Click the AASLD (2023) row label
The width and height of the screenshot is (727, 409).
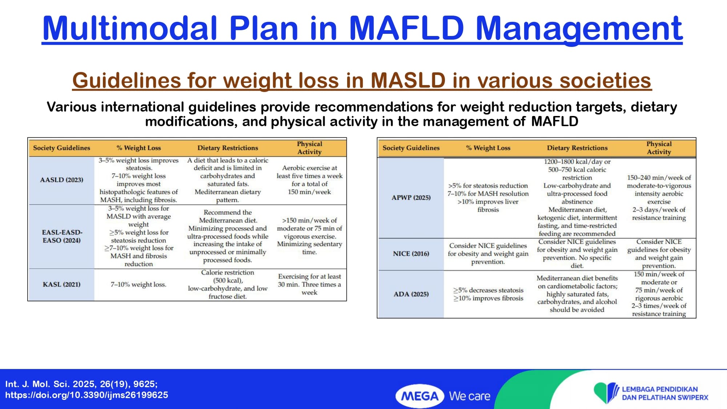pos(61,180)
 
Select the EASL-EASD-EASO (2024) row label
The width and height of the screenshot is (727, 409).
pos(62,236)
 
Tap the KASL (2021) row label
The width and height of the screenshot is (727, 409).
pos(61,284)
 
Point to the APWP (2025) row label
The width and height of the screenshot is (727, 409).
pos(411,198)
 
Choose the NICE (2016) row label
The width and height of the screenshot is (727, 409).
pos(411,254)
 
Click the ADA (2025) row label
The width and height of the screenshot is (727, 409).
pos(411,294)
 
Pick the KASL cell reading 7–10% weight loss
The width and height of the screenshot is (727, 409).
pos(138,285)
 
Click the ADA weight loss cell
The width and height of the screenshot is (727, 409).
pos(488,294)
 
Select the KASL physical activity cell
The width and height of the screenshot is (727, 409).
pos(309,284)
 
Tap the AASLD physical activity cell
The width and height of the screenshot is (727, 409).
pos(309,180)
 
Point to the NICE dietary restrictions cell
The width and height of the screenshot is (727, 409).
pos(577,254)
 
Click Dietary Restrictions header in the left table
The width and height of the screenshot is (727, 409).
pos(228,148)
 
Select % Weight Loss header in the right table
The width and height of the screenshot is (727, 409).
pos(488,148)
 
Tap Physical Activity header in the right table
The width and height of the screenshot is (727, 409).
pos(659,148)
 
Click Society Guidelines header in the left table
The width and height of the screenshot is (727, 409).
pos(61,148)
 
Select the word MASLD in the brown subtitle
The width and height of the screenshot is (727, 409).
pos(408,80)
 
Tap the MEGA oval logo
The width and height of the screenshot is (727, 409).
pos(420,396)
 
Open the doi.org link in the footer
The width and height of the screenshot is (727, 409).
pos(87,395)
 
